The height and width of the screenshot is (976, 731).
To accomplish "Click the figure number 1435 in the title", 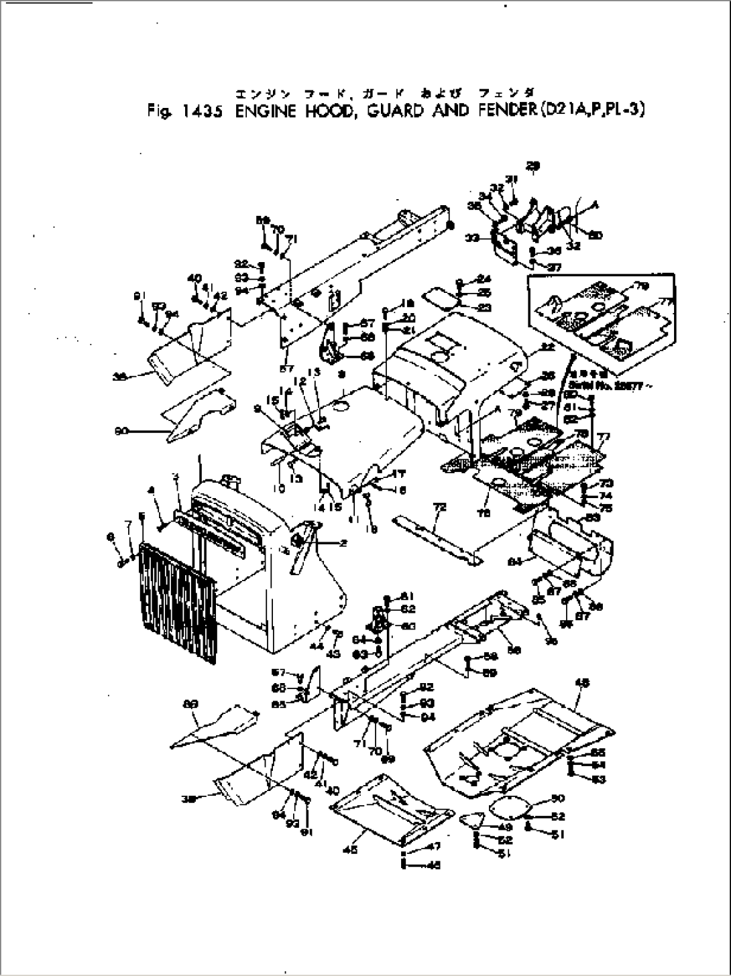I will tap(201, 111).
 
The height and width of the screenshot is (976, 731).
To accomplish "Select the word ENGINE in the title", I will tap(266, 111).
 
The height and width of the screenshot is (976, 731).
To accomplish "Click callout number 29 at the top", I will tap(533, 165).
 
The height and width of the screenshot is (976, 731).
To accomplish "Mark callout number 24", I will tap(484, 279).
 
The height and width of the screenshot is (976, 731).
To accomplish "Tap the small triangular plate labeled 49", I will tap(475, 820).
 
